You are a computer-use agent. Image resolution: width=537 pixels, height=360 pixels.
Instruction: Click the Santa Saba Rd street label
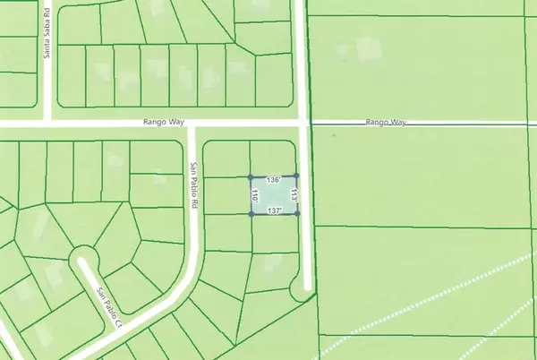coord(48,42)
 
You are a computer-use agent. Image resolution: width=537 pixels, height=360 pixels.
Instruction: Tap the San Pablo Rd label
coord(192,185)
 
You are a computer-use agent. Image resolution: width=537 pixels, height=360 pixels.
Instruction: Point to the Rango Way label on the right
coord(386,123)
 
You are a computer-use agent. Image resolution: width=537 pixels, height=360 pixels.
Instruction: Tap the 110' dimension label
coord(256,195)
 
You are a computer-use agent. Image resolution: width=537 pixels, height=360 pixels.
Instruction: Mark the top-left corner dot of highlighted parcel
coord(250,176)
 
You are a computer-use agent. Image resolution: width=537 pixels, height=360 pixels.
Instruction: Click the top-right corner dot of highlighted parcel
coord(296,176)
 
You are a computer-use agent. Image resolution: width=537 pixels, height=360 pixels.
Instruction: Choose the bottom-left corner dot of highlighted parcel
coord(250,214)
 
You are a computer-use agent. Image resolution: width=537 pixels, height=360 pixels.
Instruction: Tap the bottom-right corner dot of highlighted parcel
coord(296,214)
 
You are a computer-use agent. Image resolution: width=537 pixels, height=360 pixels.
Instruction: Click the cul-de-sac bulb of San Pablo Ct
coord(85,260)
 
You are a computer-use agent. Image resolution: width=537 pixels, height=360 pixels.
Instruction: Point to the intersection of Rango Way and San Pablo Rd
coord(192,124)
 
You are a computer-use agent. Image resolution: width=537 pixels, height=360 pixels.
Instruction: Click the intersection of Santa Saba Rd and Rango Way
coord(49,122)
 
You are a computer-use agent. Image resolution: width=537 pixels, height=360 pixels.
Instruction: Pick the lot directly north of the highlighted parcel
coord(272,159)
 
